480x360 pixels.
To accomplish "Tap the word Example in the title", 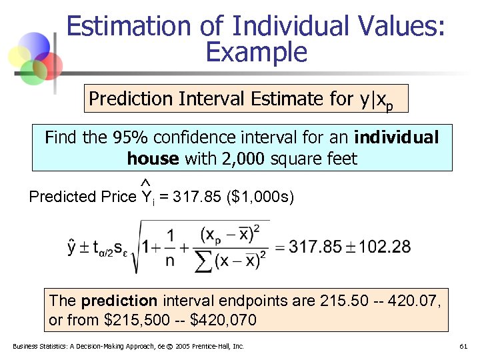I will click(257, 51).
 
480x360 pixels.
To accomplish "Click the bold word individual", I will click(397, 137).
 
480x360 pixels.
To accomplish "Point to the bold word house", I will click(152, 159).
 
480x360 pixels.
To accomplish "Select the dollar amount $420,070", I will click(223, 320).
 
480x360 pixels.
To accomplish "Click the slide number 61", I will click(463, 347).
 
